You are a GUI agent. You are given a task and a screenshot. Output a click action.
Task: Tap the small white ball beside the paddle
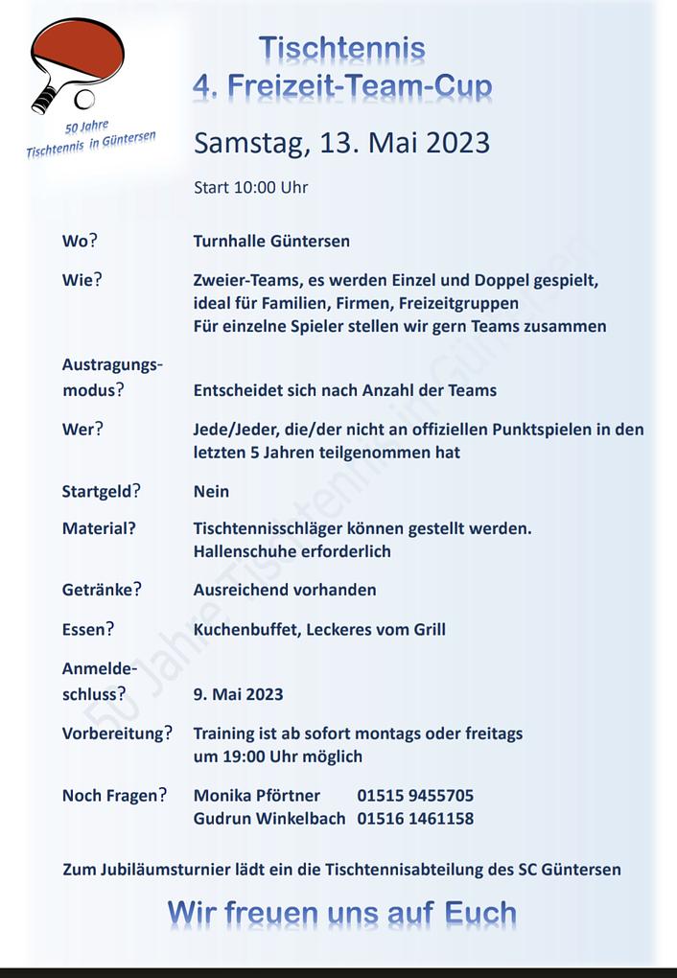tap(85, 99)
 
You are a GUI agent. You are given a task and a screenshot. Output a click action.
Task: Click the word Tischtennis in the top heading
tap(341, 48)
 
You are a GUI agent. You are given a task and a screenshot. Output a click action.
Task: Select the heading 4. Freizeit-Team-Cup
tap(342, 86)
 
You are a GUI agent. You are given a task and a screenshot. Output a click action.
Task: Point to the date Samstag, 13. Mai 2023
tap(341, 143)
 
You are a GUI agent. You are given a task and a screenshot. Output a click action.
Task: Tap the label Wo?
tap(82, 242)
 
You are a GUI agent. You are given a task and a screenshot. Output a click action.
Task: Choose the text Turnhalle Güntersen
tap(271, 242)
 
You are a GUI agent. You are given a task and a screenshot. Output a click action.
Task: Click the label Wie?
tap(82, 281)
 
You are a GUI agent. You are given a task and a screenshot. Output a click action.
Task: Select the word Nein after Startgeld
tap(211, 491)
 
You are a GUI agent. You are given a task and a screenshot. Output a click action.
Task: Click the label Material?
tap(99, 528)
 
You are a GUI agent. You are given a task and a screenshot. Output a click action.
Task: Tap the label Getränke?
tap(102, 590)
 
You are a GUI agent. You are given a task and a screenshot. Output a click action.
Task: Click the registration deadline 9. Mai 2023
tap(238, 694)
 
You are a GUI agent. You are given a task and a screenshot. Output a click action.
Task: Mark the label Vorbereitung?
tap(117, 733)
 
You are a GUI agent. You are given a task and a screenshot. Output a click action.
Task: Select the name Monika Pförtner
tap(257, 796)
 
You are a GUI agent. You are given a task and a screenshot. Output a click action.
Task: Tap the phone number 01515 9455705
tap(415, 796)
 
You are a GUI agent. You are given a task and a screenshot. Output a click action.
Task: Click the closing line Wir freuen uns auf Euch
tap(341, 913)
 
